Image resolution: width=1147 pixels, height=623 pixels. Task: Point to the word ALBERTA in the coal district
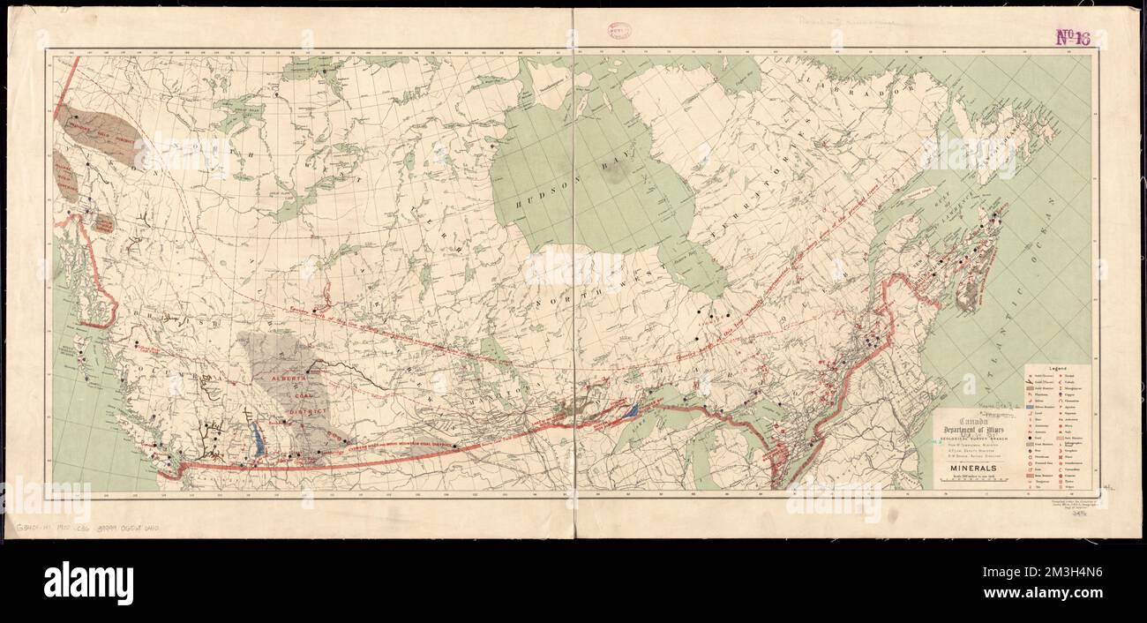click(288, 378)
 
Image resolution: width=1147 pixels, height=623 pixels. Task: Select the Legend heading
click(1057, 366)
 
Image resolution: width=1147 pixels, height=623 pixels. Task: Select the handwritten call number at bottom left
click(87, 528)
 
